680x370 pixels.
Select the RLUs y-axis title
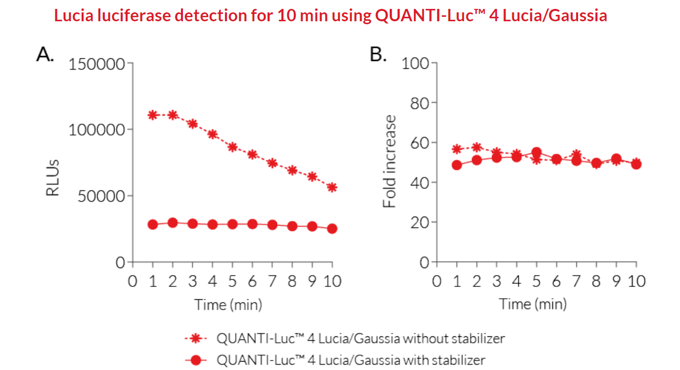pos(53,178)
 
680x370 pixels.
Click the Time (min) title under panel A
pos(227,304)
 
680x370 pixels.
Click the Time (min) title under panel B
pos(532,304)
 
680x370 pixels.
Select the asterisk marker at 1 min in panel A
pos(153,115)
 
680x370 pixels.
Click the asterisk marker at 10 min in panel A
pos(332,187)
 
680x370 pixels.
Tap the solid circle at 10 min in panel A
pos(332,229)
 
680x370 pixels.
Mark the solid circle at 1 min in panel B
pos(456,165)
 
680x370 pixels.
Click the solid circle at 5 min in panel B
pos(537,152)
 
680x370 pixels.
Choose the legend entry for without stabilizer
pos(361,339)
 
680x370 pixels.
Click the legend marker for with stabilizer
pos(197,360)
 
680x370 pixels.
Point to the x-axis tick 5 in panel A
pos(232,281)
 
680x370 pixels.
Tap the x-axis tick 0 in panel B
pos(436,281)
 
